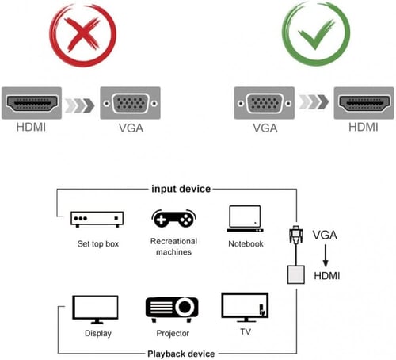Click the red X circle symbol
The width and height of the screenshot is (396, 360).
coord(82,35)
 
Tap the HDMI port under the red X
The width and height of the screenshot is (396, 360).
coord(34,104)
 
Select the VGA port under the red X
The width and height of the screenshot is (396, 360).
coord(130,104)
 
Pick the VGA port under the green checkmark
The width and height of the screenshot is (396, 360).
coord(265,104)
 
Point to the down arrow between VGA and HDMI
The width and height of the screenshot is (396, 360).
coord(325,255)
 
